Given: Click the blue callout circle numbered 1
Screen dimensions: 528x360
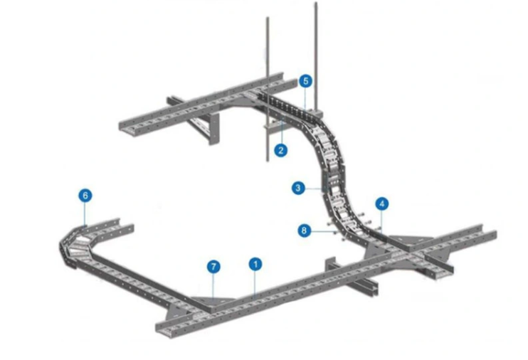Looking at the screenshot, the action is coord(255,263).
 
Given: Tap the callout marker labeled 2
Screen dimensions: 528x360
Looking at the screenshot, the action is coord(282,150).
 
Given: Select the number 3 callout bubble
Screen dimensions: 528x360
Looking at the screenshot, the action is coord(299,189).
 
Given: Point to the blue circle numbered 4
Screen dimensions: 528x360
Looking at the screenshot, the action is coord(382,203).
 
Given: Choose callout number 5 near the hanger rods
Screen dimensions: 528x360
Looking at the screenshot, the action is coord(305,81).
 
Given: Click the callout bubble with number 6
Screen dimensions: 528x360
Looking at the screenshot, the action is coord(85,195).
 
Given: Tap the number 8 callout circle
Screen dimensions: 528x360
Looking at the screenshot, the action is coord(305,230).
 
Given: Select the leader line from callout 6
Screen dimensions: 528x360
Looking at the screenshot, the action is coord(85,213).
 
